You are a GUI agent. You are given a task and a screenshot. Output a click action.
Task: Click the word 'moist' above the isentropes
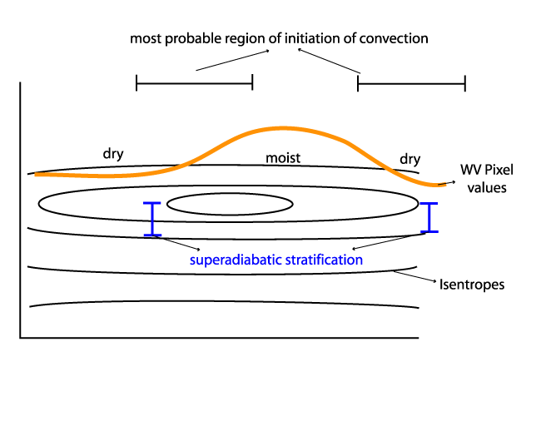click(283, 158)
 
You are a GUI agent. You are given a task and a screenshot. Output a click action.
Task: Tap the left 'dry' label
click(113, 154)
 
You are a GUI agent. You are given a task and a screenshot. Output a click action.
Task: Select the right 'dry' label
click(410, 158)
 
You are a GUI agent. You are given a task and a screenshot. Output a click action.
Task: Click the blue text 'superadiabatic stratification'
click(276, 260)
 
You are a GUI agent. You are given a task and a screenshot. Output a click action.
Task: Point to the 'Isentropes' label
click(472, 285)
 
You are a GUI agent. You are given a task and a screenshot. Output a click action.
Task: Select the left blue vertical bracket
click(151, 219)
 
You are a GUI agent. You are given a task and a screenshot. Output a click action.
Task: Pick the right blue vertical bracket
click(429, 217)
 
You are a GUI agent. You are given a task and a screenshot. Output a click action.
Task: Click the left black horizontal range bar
click(194, 83)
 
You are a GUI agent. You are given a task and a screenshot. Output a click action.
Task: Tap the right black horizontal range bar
click(411, 84)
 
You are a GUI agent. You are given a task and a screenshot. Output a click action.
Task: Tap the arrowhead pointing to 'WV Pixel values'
click(453, 181)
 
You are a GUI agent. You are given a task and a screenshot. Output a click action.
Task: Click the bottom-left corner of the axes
click(21, 337)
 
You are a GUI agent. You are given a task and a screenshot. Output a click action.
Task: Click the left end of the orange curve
click(37, 174)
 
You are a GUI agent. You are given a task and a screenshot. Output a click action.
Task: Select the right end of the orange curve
click(443, 184)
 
